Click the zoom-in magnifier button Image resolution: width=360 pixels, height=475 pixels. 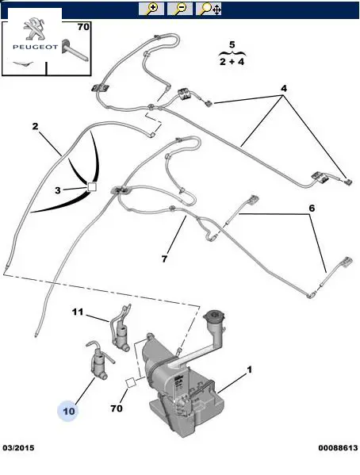pos(151,9)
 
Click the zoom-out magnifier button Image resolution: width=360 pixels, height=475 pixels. pos(180,9)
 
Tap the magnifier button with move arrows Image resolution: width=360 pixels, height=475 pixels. pos(209,9)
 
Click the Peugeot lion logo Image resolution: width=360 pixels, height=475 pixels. pos(33,29)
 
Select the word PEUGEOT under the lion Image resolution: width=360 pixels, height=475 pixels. pos(35,47)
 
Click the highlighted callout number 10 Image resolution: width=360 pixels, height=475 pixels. pos(69,411)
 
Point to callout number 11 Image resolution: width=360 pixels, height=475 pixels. pos(78,312)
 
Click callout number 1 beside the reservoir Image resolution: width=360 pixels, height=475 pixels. pos(249,370)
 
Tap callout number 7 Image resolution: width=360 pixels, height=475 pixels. pos(164,259)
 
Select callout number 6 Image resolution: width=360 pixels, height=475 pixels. pos(312,208)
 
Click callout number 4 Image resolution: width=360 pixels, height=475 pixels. pos(283,89)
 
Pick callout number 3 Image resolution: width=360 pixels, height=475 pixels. pos(58,190)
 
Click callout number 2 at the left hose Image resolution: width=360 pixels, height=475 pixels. pos(36,126)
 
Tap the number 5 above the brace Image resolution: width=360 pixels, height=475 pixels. pos(232,44)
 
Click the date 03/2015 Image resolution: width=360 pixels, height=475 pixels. pos(18,448)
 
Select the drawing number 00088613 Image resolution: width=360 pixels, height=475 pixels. pos(338,448)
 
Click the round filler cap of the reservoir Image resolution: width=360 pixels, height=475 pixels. pos(214,317)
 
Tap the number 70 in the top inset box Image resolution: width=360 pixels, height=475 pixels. pos(83,27)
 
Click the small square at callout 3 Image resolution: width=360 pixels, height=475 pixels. pos(91,187)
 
